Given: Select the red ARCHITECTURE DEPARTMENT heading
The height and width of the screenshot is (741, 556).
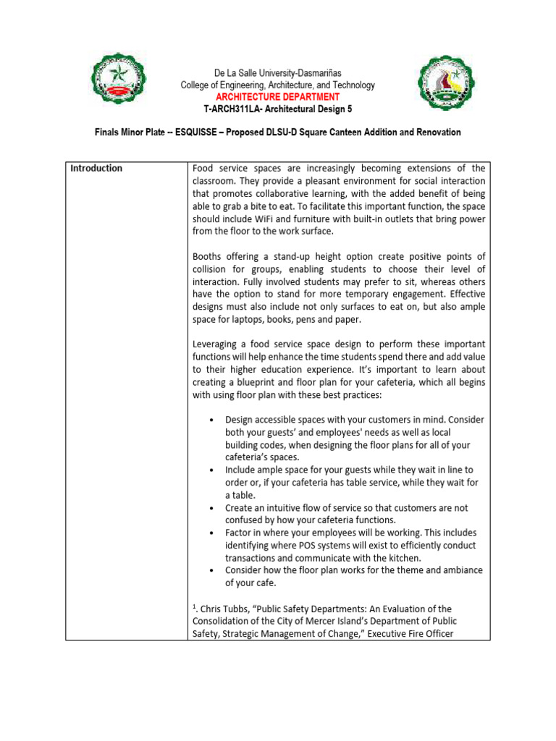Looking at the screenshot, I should pos(277,96).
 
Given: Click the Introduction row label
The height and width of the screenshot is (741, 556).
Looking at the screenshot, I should pos(96,169).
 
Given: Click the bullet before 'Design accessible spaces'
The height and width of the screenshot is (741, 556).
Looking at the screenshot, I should pos(210,420).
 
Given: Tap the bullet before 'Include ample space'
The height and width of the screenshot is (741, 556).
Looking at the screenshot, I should pos(210,470).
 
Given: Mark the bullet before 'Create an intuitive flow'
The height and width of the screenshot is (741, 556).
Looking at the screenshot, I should pos(210,508).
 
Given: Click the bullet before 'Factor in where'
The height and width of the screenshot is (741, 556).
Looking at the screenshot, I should pos(210,533).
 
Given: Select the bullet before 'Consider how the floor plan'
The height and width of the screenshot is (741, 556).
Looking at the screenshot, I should pos(210,571).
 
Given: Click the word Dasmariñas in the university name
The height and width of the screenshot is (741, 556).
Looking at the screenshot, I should pos(317,74).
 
